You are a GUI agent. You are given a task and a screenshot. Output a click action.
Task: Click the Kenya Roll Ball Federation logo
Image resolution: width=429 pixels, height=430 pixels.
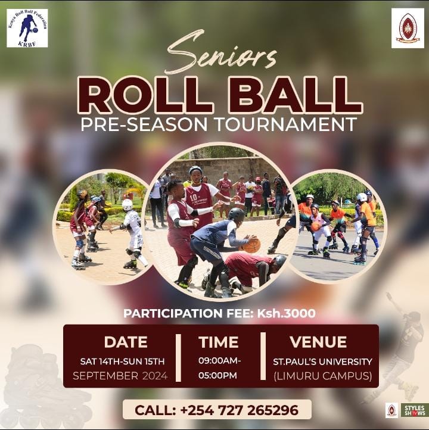tap(27, 28)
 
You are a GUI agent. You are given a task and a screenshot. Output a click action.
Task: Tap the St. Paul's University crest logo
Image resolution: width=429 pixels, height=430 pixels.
tap(408, 28)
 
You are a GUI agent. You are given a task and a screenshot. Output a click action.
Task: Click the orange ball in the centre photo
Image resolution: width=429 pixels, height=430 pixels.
tap(251, 244)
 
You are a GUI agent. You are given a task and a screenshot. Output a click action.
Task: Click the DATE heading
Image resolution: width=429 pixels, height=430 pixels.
tap(126, 342)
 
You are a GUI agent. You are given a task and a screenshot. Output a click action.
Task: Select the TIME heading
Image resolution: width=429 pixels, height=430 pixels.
tap(219, 342)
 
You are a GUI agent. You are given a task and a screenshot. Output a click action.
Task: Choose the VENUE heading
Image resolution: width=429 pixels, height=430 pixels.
tap(318, 342)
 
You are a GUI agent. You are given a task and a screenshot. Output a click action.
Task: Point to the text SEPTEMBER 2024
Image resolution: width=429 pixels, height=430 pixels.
tap(120, 376)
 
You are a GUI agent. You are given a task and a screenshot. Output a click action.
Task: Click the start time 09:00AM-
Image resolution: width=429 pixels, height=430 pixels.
tap(220, 361)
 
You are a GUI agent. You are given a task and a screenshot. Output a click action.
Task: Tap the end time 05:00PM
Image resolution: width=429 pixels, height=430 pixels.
tap(217, 375)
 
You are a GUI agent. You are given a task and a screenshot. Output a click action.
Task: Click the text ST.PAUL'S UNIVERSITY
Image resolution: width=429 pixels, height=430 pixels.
tap(322, 362)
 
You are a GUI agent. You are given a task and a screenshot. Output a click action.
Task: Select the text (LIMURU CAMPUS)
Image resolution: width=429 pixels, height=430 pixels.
tap(322, 376)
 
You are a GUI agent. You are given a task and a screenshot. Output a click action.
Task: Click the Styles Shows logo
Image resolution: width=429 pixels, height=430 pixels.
tap(414, 410)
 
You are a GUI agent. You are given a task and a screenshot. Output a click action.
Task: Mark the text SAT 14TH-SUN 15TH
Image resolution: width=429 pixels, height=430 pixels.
tap(122, 362)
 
